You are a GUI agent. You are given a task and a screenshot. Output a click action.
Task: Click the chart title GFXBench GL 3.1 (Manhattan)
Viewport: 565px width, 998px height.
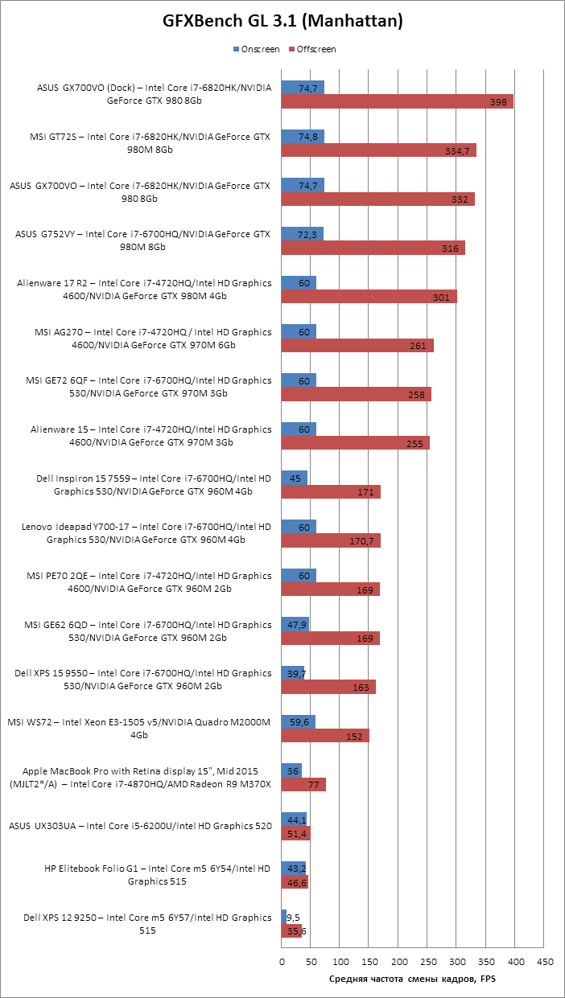[282, 22]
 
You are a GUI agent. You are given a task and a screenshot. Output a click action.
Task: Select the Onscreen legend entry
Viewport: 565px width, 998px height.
[256, 49]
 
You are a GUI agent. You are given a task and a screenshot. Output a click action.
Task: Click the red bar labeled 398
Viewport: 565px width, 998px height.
[397, 101]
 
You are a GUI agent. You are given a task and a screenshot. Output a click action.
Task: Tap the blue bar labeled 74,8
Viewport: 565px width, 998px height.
[303, 137]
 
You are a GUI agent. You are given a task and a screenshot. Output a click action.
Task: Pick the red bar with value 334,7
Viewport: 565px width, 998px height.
[378, 150]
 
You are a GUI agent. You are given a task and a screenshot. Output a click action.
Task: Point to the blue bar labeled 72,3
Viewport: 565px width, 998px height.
[302, 234]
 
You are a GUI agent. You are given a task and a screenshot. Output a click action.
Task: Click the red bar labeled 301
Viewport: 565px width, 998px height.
[369, 297]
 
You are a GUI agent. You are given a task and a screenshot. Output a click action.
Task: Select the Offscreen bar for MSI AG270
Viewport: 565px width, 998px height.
[357, 346]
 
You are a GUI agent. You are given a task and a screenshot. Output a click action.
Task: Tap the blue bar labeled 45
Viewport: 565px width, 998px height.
[294, 478]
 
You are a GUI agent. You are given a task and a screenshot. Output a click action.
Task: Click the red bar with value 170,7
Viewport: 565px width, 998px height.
[331, 541]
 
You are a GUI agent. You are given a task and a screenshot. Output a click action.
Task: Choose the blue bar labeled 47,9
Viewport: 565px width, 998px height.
[295, 624]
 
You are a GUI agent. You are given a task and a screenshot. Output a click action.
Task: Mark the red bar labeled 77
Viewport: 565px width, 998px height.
[303, 785]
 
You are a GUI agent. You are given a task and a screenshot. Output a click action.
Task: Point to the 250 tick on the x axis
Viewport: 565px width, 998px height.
[428, 961]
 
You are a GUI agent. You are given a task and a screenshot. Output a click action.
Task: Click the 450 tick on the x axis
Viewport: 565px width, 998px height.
[545, 961]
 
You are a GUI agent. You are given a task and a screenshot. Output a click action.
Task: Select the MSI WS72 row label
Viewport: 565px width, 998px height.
[138, 729]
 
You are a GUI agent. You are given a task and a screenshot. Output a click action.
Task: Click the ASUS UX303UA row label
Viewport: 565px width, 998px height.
[139, 826]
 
